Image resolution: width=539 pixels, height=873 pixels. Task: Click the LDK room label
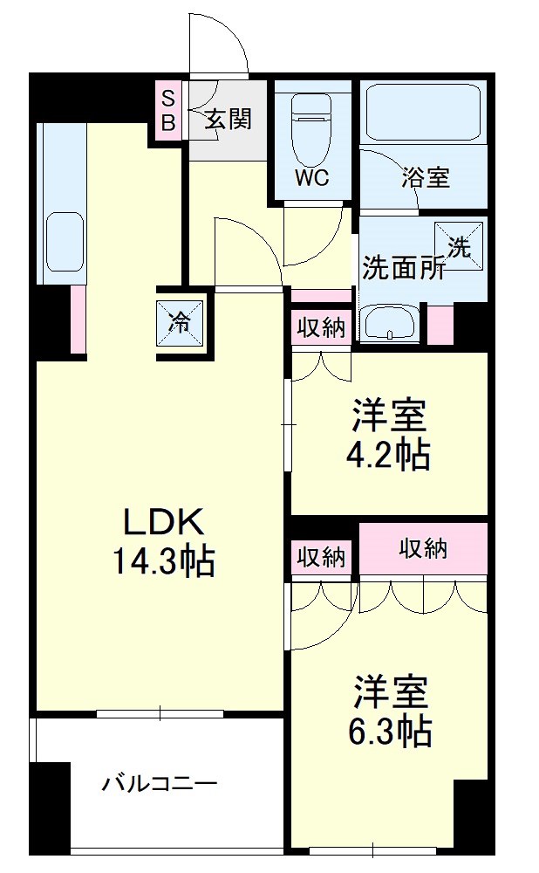(163, 522)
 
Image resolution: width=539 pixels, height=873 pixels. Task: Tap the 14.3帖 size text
(163, 561)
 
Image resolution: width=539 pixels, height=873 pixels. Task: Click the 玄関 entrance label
(229, 120)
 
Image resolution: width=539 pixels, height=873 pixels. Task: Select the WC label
(310, 177)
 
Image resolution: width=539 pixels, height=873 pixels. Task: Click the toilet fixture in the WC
(310, 122)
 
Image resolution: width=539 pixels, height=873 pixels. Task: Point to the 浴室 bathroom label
(426, 177)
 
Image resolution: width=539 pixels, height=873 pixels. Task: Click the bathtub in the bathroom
(424, 111)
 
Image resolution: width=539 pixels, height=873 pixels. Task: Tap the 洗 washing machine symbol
(459, 245)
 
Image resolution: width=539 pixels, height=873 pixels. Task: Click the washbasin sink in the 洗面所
(390, 324)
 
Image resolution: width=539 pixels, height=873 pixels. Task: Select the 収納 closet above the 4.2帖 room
(321, 329)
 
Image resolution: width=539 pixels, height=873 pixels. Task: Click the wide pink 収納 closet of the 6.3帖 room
(423, 549)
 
